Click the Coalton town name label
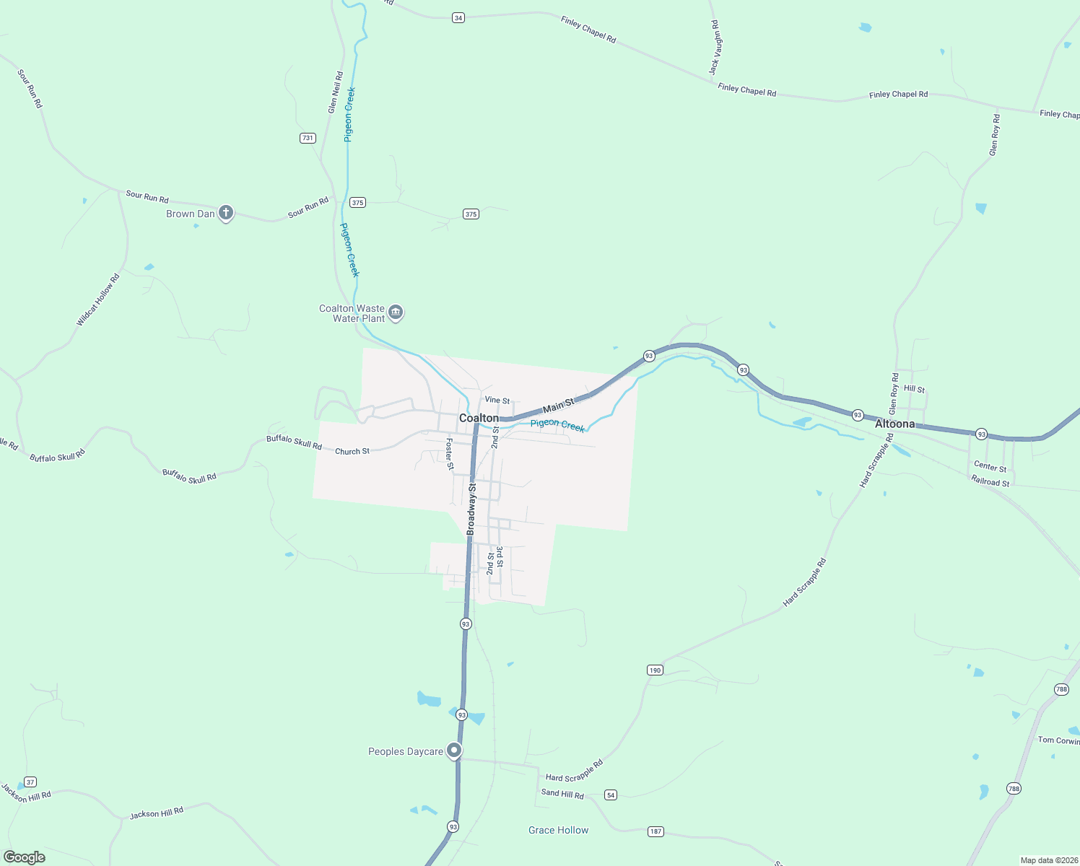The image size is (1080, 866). pos(479,418)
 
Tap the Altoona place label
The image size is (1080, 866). pos(894,424)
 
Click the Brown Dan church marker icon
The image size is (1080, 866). pos(226,212)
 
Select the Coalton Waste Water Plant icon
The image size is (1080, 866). pos(395,312)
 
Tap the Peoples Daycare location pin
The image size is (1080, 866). pos(453,751)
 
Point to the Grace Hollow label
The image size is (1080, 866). pos(558,830)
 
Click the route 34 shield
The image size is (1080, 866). pos(458,17)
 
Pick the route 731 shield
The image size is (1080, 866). pos(308,138)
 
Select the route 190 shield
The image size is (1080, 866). pos(655,670)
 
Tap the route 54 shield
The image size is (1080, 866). pos(611,795)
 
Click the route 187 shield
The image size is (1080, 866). pos(656,831)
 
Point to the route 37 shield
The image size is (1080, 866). pos(30,782)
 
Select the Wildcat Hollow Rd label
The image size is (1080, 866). pos(98,299)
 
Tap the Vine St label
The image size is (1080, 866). pos(497,400)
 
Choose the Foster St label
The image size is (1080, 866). pos(449,454)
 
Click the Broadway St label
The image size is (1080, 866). pos(471,509)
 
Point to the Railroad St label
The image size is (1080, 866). pos(990,481)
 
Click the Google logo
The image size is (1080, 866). pos(25,857)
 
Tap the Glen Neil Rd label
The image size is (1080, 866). pos(335,92)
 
